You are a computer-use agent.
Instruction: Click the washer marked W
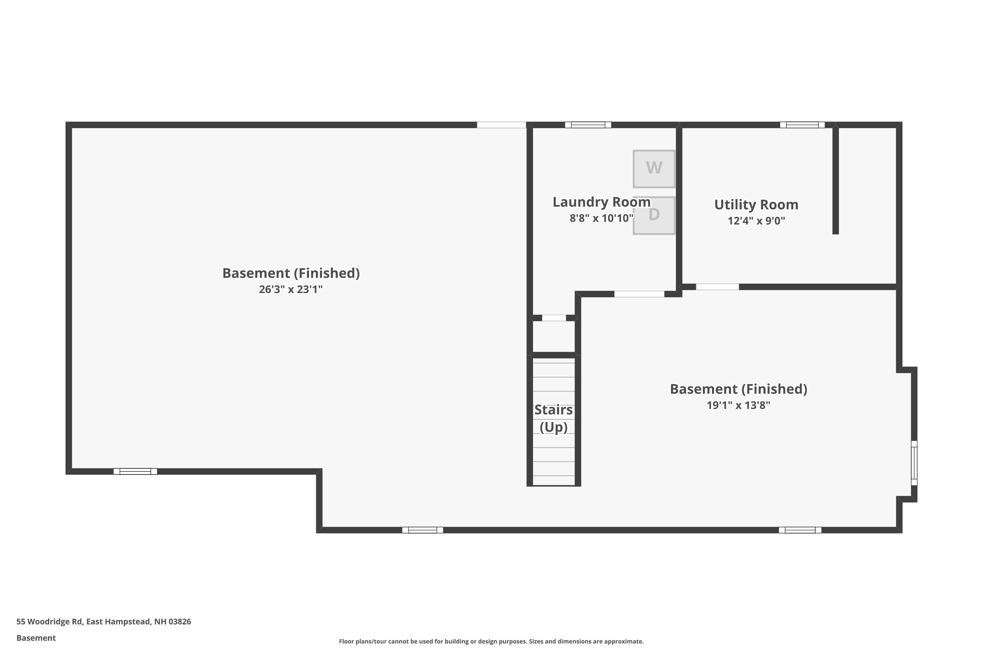[x=654, y=169]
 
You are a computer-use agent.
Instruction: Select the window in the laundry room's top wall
[x=588, y=125]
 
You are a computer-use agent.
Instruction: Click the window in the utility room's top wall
[x=802, y=125]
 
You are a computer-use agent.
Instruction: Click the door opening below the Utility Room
[x=717, y=287]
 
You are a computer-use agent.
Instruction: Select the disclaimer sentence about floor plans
[x=491, y=641]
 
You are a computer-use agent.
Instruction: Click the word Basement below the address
[x=36, y=638]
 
